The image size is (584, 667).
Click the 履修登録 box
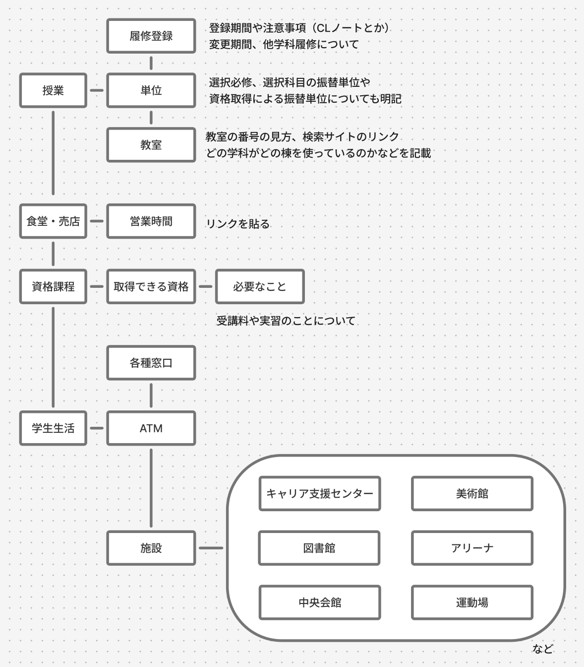tap(151, 36)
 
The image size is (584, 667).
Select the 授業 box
tap(53, 90)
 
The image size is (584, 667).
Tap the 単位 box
tap(151, 90)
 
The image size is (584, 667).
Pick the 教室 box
tap(151, 145)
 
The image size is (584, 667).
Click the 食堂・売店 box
tap(53, 221)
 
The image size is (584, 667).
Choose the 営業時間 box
tap(151, 221)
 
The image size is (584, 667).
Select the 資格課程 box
tap(53, 286)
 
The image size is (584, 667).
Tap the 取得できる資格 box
tap(151, 286)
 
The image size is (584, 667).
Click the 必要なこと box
tap(260, 286)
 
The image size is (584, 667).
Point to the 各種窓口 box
tap(151, 363)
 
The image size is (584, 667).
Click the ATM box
tap(151, 428)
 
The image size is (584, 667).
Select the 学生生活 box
tap(53, 428)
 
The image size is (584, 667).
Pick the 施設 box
tap(151, 548)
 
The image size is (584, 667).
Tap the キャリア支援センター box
tap(320, 493)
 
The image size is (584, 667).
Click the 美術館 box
tap(472, 493)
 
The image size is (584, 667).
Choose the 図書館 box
tap(319, 548)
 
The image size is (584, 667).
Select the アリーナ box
tap(472, 548)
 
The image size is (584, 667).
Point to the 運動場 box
tap(472, 602)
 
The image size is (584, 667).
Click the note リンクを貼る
tap(238, 224)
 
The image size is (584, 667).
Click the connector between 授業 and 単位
tap(97, 90)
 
